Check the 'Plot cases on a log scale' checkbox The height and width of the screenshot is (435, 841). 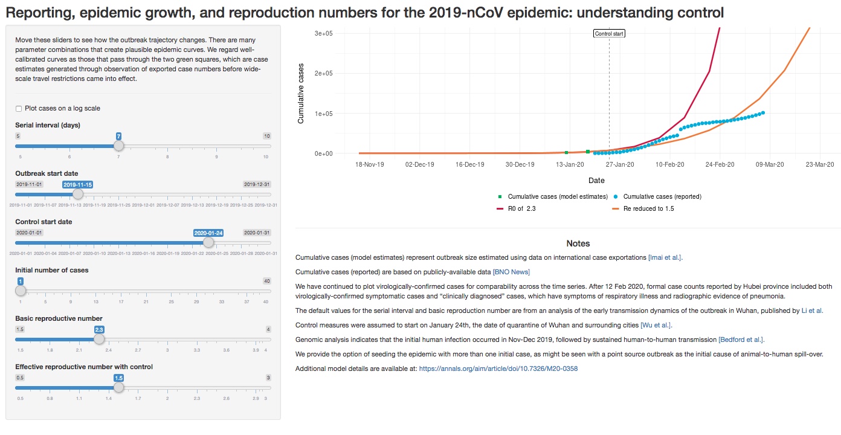tap(19, 109)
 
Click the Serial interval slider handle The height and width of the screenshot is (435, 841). tap(119, 146)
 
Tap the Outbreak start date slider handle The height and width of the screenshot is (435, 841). tap(78, 194)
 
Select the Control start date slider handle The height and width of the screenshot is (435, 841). tap(208, 242)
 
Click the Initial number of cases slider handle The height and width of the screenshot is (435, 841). tap(21, 291)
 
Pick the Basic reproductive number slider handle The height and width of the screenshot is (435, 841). tap(100, 339)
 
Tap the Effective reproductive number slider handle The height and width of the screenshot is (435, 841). tap(119, 387)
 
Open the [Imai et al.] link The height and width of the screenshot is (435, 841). tap(665, 257)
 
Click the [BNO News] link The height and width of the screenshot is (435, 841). tap(511, 272)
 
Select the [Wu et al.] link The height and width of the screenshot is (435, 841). tap(649, 325)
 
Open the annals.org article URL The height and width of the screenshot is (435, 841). tap(498, 369)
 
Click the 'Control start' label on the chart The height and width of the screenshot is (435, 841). tap(609, 34)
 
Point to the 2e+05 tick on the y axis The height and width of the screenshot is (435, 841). tap(324, 74)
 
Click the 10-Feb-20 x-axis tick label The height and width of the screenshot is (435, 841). tap(669, 164)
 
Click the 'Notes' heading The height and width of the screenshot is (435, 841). tap(578, 243)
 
